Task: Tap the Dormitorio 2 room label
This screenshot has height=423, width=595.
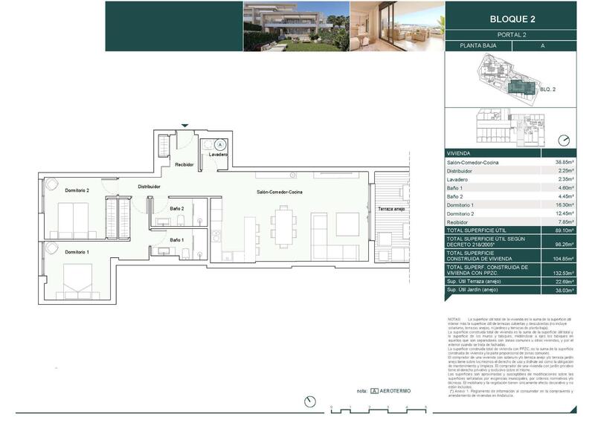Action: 77,191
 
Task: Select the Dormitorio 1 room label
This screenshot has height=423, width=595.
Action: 77,253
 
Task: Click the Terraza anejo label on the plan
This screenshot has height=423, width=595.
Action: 390,208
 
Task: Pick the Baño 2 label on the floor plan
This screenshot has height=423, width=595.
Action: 176,209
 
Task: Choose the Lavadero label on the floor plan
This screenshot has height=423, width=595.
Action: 218,154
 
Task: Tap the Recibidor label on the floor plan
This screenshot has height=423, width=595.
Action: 184,164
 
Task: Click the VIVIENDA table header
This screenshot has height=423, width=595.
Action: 459,152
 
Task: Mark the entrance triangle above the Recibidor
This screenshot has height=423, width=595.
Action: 184,126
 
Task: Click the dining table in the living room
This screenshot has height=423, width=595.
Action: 283,225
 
